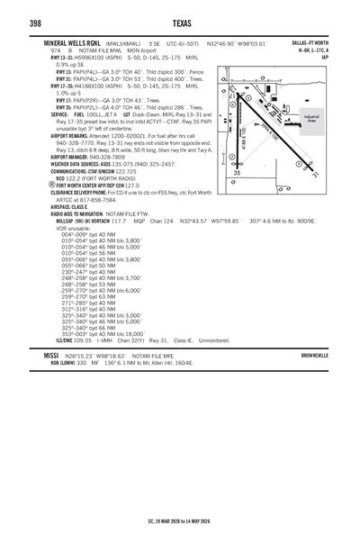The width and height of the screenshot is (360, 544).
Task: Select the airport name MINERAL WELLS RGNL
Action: click(74, 42)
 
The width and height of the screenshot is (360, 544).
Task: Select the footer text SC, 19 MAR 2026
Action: click(146, 520)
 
